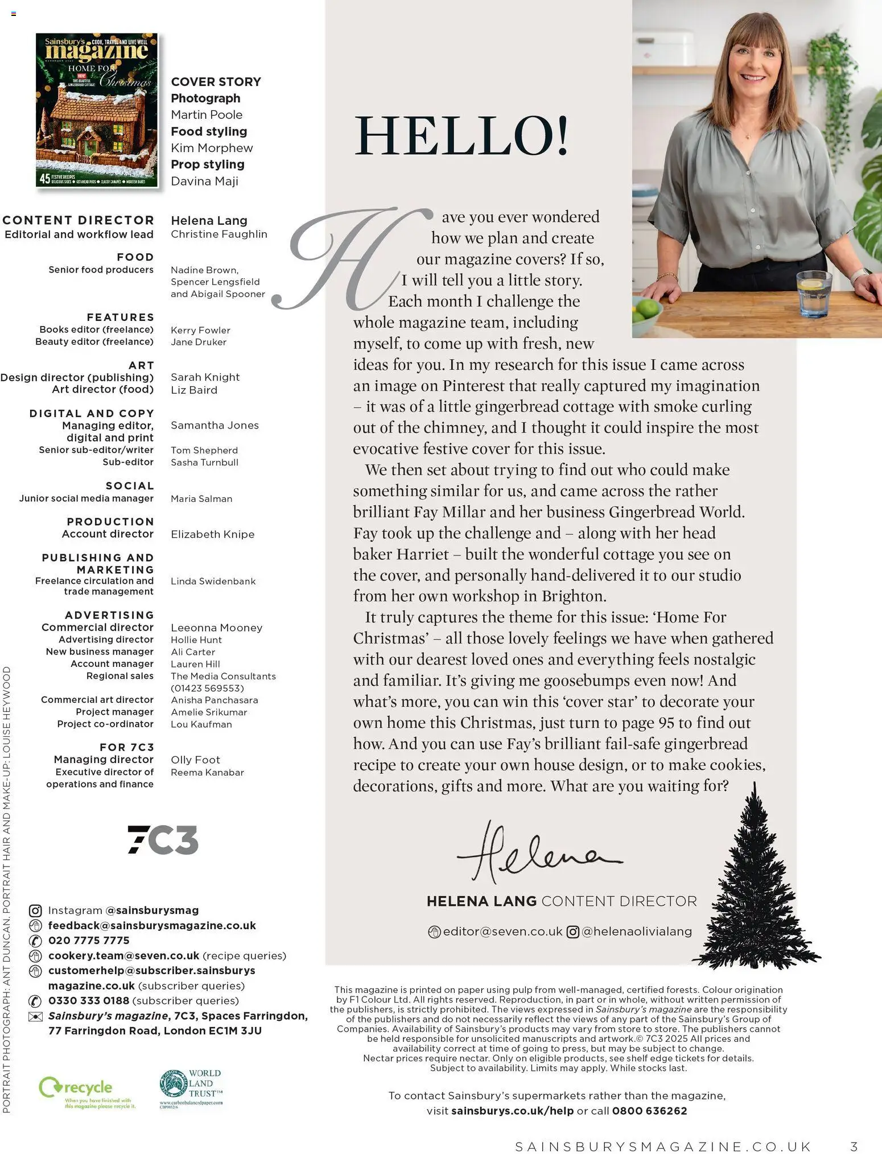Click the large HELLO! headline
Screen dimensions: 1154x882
click(x=461, y=136)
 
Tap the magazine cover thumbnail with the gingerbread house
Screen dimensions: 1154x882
click(x=97, y=110)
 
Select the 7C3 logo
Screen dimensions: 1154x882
click(x=163, y=839)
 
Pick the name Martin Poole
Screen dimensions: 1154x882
click(x=207, y=115)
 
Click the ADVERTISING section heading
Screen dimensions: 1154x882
click(x=109, y=615)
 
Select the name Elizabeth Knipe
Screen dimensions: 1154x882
click(x=212, y=534)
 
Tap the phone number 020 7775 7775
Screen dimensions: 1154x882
click(x=89, y=941)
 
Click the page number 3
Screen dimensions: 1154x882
click(x=854, y=1146)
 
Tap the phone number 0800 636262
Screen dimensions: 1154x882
click(x=649, y=1111)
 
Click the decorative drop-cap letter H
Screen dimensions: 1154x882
click(x=353, y=259)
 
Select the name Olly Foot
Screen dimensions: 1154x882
click(x=195, y=760)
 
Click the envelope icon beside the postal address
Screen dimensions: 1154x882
click(x=35, y=1017)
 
